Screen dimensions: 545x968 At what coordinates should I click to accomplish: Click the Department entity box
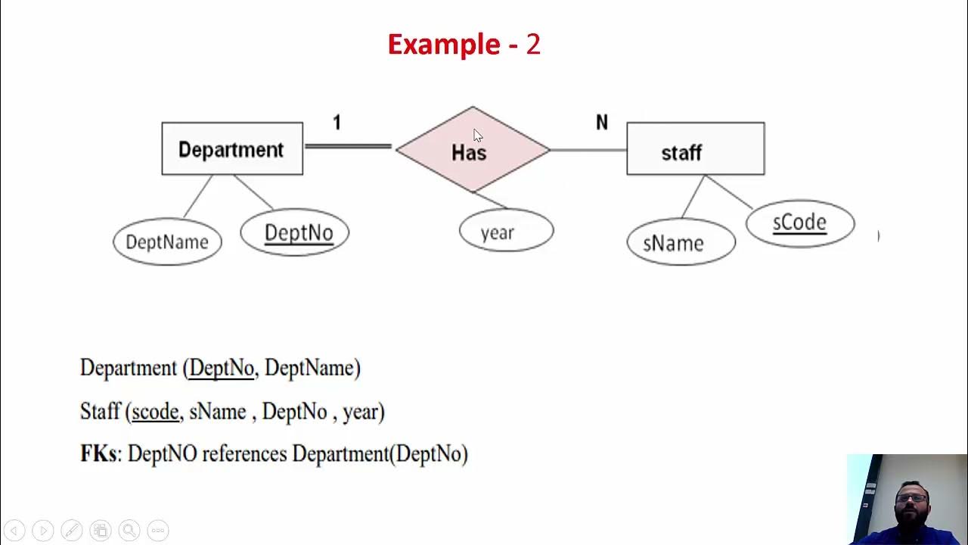pyautogui.click(x=232, y=148)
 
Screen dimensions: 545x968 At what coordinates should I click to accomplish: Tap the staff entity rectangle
pyautogui.click(x=695, y=149)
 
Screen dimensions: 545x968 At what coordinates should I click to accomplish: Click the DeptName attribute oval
pyautogui.click(x=167, y=242)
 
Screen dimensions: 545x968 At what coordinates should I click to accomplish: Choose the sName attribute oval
pyautogui.click(x=681, y=243)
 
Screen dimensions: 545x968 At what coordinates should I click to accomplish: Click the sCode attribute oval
pyautogui.click(x=800, y=223)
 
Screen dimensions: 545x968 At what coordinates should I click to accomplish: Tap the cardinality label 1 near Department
pyautogui.click(x=337, y=123)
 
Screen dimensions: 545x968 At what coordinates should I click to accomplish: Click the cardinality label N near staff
pyautogui.click(x=601, y=123)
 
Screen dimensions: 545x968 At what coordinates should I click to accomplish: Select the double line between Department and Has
pyautogui.click(x=348, y=147)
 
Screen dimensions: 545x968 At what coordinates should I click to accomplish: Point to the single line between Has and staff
pyautogui.click(x=588, y=150)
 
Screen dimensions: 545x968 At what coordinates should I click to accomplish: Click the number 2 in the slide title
pyautogui.click(x=533, y=45)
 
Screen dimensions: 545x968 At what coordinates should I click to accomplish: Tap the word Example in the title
pyautogui.click(x=443, y=45)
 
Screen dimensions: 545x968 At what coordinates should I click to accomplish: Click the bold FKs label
pyautogui.click(x=98, y=453)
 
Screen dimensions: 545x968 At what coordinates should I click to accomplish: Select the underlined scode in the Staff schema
pyautogui.click(x=155, y=412)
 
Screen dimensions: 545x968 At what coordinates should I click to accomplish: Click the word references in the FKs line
pyautogui.click(x=244, y=453)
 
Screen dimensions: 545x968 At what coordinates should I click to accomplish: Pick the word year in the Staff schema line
pyautogui.click(x=360, y=413)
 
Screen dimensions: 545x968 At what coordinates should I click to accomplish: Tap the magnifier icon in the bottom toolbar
pyautogui.click(x=129, y=531)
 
